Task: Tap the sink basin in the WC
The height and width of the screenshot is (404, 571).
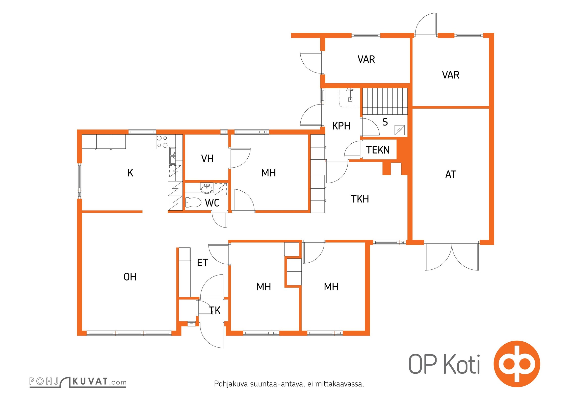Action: pyautogui.click(x=207, y=188)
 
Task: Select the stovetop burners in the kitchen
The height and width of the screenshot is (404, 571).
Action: pyautogui.click(x=162, y=142)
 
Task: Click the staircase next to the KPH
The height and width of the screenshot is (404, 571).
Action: pyautogui.click(x=385, y=101)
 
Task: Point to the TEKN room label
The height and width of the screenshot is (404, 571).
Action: pyautogui.click(x=378, y=150)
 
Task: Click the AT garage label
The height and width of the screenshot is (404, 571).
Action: pyautogui.click(x=451, y=174)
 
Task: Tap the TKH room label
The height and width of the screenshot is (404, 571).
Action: pyautogui.click(x=360, y=199)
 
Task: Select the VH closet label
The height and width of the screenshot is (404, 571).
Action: pyautogui.click(x=207, y=159)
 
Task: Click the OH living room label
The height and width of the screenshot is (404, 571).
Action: pyautogui.click(x=130, y=277)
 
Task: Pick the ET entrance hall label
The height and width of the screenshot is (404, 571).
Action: pyautogui.click(x=202, y=263)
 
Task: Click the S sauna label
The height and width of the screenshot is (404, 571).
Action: pyautogui.click(x=385, y=122)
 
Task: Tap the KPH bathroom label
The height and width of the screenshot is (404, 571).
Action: pyautogui.click(x=341, y=126)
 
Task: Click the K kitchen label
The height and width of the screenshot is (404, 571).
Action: pyautogui.click(x=130, y=173)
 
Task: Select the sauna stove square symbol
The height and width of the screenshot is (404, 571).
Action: pyautogui.click(x=400, y=130)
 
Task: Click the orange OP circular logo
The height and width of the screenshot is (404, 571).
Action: pyautogui.click(x=517, y=364)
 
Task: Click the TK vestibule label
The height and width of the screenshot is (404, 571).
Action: pyautogui.click(x=215, y=310)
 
